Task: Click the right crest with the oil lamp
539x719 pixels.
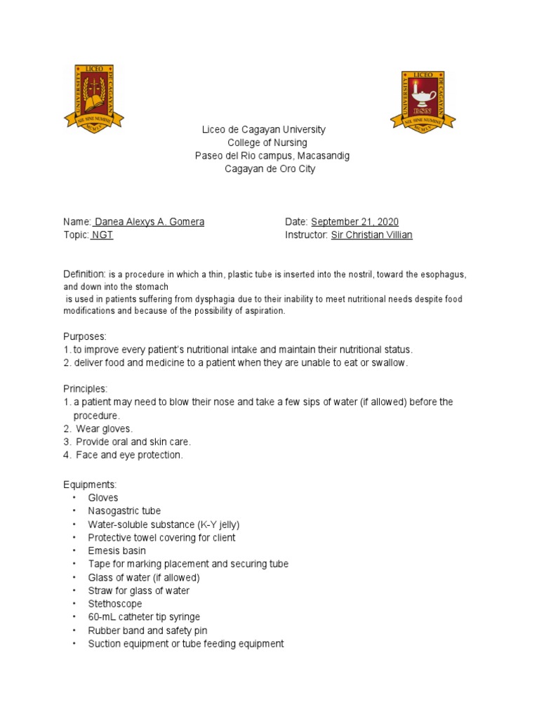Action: (x=422, y=100)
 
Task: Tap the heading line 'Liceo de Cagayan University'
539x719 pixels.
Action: (x=264, y=130)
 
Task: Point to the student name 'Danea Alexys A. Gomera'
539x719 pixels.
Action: (x=149, y=222)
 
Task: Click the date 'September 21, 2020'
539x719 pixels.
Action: (x=354, y=222)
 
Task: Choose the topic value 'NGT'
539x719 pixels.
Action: (x=102, y=235)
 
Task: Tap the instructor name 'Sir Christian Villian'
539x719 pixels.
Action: (x=371, y=235)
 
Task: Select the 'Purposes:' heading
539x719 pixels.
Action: (x=85, y=336)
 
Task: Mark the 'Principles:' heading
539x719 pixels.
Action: (x=86, y=389)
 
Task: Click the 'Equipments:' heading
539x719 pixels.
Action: (x=91, y=484)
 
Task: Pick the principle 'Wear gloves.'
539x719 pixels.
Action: (x=105, y=428)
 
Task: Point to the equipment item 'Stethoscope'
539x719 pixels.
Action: (x=115, y=604)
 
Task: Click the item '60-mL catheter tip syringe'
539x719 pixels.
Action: (x=144, y=617)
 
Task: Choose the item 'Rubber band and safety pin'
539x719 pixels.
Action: (x=147, y=631)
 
